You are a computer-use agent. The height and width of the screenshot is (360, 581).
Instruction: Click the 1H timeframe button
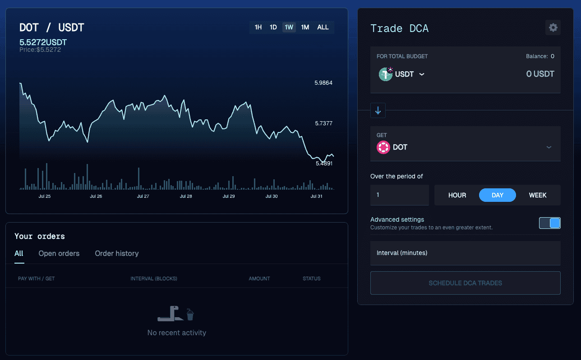tap(258, 27)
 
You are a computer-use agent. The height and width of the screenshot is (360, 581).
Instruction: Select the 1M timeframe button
tap(305, 27)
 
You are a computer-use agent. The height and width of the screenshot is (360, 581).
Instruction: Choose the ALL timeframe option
tap(323, 27)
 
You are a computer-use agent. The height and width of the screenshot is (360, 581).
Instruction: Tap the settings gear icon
tap(553, 27)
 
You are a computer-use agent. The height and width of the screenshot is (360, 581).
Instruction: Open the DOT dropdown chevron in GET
tap(549, 147)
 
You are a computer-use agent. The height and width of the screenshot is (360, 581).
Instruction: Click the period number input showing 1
tap(400, 195)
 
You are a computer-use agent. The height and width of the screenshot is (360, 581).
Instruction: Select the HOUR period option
tap(457, 195)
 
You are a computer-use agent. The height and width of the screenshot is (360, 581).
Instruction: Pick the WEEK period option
tap(538, 195)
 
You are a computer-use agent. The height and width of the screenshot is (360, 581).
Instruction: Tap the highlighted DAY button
tap(498, 195)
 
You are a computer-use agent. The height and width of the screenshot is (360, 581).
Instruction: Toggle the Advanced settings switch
tap(549, 223)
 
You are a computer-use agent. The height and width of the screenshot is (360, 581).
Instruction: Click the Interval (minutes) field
tap(466, 253)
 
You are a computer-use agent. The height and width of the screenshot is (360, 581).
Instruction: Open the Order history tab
tap(117, 253)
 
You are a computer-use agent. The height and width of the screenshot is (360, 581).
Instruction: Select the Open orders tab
tap(59, 253)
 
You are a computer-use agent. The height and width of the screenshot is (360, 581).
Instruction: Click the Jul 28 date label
tap(186, 196)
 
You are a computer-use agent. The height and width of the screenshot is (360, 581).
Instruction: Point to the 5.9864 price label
tap(323, 83)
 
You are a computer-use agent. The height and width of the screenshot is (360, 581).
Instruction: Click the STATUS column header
tap(312, 279)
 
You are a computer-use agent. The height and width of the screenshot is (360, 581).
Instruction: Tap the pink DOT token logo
tap(383, 147)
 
